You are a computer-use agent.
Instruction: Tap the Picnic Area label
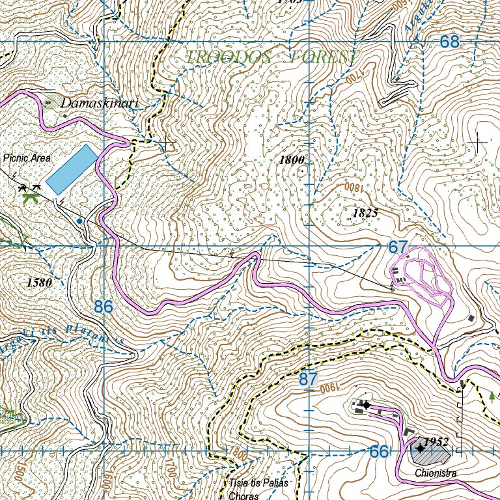tap(26, 158)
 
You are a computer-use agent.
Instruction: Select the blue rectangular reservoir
tap(71, 169)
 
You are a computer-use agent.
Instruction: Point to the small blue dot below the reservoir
tap(79, 221)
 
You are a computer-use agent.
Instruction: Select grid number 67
tap(398, 247)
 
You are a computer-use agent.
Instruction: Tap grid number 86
tap(104, 306)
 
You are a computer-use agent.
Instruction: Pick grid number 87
tap(309, 379)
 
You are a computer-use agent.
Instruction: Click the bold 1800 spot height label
tap(292, 160)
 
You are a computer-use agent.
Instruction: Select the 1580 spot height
tap(40, 283)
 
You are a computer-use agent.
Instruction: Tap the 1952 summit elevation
tap(436, 443)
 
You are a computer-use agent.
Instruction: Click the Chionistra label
tap(430, 473)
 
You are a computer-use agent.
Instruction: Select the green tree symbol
tap(491, 395)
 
